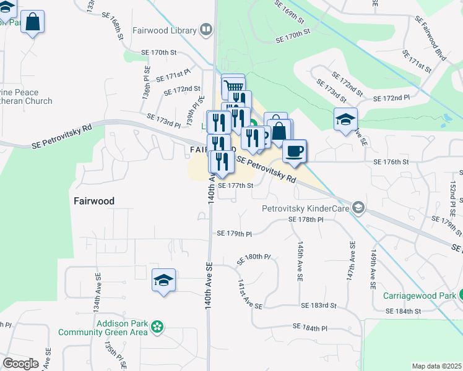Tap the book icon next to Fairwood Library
pyautogui.click(x=206, y=29)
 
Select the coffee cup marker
pyautogui.click(x=295, y=150)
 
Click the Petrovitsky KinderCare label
pyautogui.click(x=306, y=208)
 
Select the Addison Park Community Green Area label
pyautogui.click(x=103, y=328)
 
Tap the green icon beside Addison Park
pyautogui.click(x=158, y=326)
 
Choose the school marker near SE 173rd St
pyautogui.click(x=346, y=119)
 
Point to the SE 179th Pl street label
pyautogui.click(x=234, y=234)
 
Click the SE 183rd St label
pyautogui.click(x=319, y=305)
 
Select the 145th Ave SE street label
pyautogui.click(x=300, y=262)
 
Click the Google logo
pyautogui.click(x=20, y=364)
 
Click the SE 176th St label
pyautogui.click(x=391, y=161)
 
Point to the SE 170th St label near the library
pyautogui.click(x=160, y=53)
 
